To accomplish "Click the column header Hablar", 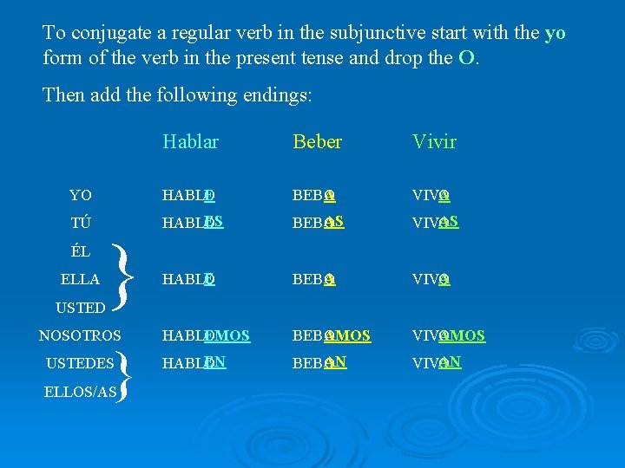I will pos(190,142).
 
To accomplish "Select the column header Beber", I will pos(318,142).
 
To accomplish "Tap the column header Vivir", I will pos(435,142).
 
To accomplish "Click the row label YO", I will pos(81,195).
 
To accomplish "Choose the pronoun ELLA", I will pos(81,280).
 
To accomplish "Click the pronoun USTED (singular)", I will pos(81,307).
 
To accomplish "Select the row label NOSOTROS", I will pos(81,335).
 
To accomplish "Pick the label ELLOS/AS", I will pos(80,392).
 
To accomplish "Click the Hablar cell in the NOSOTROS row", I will pos(206,335).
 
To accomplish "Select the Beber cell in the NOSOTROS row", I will pos(332,335).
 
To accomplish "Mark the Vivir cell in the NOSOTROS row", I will pos(449,335).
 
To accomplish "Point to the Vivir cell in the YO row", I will pos(431,196).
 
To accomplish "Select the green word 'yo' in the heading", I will pos(555,33).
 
